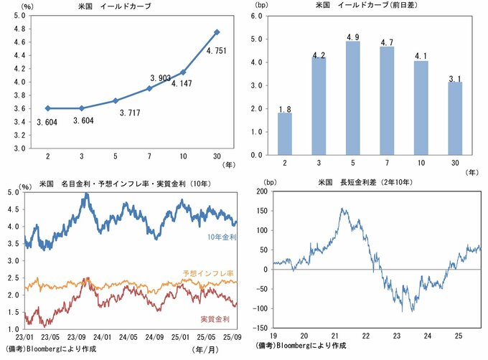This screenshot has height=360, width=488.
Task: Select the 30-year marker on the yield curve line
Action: click(x=217, y=32)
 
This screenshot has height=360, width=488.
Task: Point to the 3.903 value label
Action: click(x=160, y=77)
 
